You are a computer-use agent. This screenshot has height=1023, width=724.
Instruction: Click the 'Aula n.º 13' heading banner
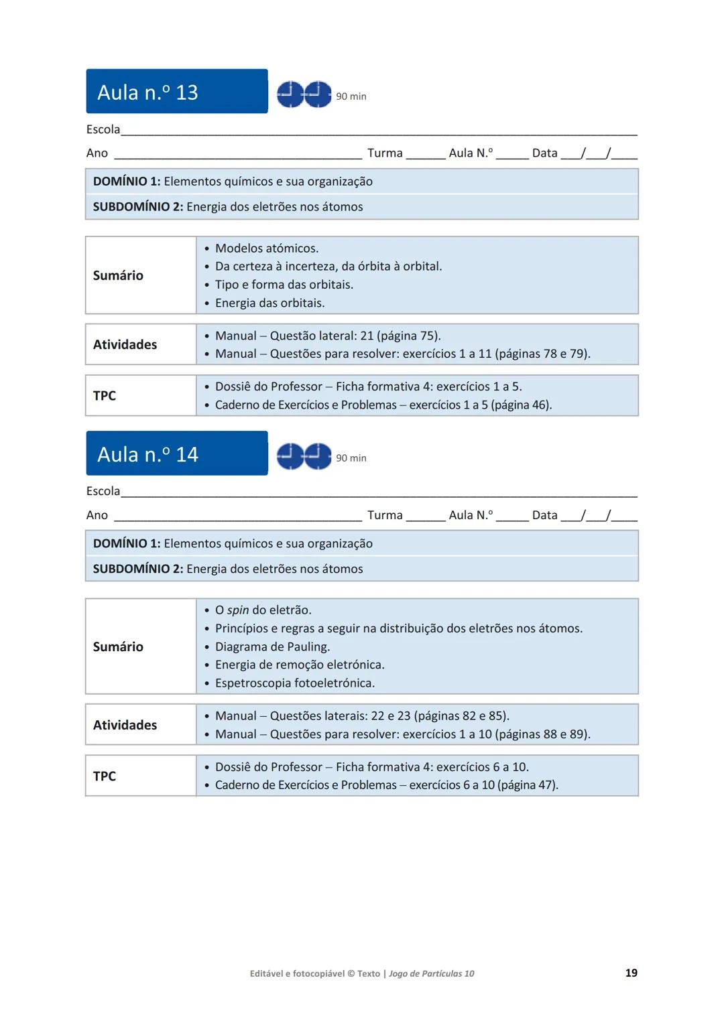(176, 92)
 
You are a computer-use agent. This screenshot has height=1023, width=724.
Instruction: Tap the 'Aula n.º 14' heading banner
(176, 454)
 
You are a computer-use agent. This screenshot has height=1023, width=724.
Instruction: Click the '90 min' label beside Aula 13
(351, 96)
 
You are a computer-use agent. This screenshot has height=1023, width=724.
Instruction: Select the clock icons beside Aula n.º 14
(304, 456)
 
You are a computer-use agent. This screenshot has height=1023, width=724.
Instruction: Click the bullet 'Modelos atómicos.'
(266, 249)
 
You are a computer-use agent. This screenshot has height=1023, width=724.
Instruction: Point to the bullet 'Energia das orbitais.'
(269, 303)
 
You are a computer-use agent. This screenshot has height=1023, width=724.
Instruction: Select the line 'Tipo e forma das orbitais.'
(284, 285)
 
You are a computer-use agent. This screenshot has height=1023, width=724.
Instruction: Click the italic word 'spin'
(238, 610)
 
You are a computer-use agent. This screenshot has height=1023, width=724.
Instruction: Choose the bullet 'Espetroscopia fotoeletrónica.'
(294, 683)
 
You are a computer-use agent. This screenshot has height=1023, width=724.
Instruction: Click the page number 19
(631, 973)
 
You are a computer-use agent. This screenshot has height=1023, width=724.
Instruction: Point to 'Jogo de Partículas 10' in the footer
(431, 974)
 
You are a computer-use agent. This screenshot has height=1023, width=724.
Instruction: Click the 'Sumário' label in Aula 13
(118, 275)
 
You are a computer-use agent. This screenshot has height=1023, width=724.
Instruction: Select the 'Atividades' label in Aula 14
(125, 725)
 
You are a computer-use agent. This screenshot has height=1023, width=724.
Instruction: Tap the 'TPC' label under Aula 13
(105, 396)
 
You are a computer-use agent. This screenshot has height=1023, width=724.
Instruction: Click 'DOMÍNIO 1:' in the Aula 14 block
(127, 544)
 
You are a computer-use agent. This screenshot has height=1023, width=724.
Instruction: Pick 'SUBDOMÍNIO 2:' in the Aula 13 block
(137, 207)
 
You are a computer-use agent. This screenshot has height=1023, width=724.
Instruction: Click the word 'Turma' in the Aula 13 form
(385, 153)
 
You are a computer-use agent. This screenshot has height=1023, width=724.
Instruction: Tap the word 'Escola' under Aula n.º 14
(103, 491)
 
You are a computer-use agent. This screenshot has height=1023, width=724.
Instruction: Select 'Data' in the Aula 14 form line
(544, 515)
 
